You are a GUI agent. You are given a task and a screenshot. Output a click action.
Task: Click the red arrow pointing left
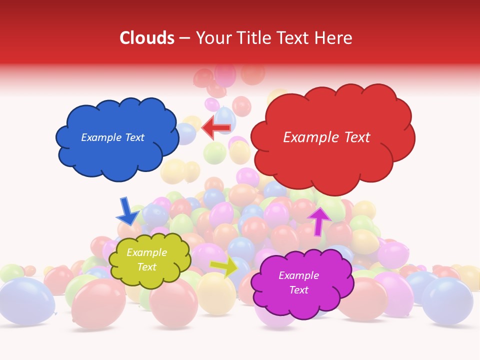216,127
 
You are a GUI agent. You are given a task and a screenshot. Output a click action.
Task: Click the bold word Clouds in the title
146,38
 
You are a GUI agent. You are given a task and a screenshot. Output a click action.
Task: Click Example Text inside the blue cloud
112,137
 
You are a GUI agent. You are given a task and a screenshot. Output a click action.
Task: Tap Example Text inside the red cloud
326,137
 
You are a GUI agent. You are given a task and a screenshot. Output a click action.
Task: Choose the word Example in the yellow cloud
146,252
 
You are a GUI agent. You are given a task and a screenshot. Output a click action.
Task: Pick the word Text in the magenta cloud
298,290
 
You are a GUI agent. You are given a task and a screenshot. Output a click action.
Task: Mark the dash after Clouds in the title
184,38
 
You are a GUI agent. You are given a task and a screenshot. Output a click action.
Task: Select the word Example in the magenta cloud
298,275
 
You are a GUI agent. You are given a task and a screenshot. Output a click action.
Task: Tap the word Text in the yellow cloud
146,267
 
